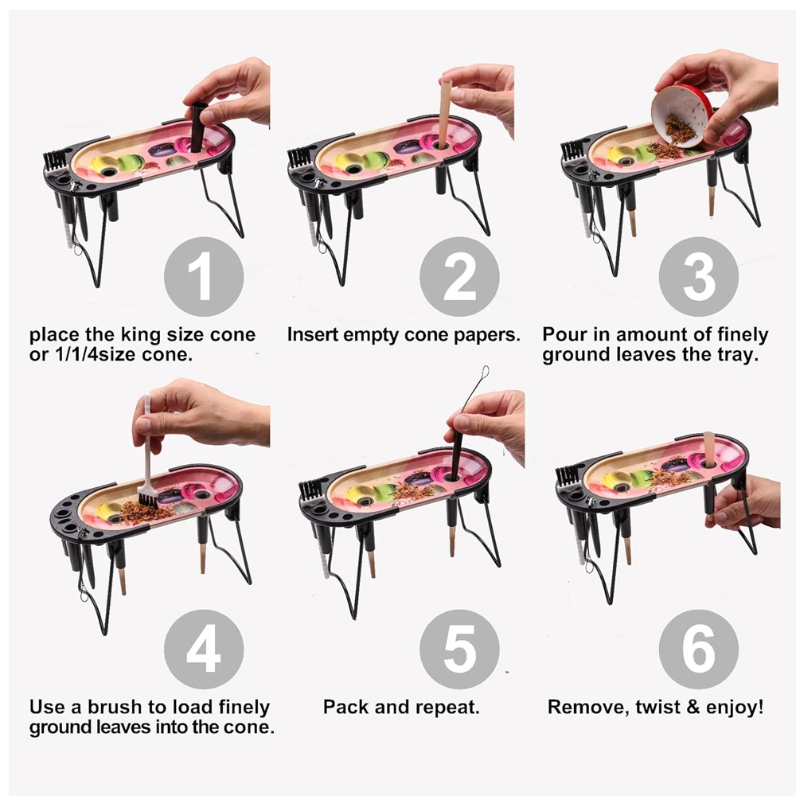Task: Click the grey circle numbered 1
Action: (204, 277)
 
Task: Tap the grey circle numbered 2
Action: (459, 277)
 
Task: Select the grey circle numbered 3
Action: (699, 277)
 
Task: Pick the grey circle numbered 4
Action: (204, 650)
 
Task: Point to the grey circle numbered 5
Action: (459, 650)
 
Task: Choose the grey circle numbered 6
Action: (699, 650)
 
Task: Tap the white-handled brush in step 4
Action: (147, 457)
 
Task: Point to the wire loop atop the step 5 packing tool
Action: (485, 373)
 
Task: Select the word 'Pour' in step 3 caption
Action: (562, 334)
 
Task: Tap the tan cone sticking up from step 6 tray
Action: (708, 449)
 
